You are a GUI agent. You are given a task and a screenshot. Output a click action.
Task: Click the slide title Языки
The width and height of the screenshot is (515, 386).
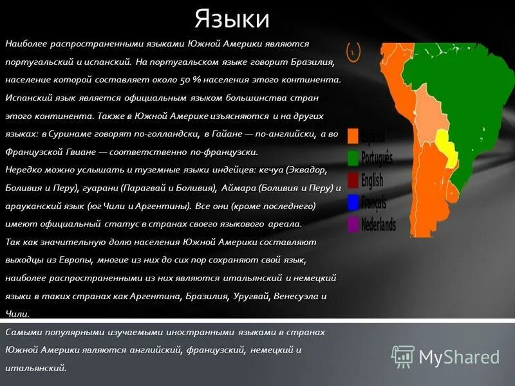pyautogui.click(x=232, y=19)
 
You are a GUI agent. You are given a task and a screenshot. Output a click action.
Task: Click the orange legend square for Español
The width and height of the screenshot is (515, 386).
pyautogui.click(x=353, y=136)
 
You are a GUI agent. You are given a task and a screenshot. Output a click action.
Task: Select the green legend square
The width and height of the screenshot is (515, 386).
pyautogui.click(x=353, y=158)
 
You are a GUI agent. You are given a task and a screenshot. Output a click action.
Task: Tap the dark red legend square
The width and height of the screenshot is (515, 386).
pyautogui.click(x=353, y=179)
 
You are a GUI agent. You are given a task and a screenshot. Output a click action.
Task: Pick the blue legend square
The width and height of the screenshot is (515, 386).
pyautogui.click(x=353, y=202)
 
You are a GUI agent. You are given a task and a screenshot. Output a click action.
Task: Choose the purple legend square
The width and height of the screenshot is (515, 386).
pyautogui.click(x=353, y=225)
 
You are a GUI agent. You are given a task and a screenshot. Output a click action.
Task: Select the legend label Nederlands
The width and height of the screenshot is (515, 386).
pyautogui.click(x=379, y=225)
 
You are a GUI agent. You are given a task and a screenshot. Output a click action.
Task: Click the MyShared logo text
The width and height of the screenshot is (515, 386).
pyautogui.click(x=459, y=357)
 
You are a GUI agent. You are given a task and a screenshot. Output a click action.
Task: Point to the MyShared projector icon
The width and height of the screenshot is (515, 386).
pyautogui.click(x=403, y=356)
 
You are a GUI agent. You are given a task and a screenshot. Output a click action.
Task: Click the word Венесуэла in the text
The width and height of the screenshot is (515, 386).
pyautogui.click(x=297, y=297)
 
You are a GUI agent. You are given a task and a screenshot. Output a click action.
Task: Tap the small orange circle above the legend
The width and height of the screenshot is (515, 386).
pyautogui.click(x=353, y=50)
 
